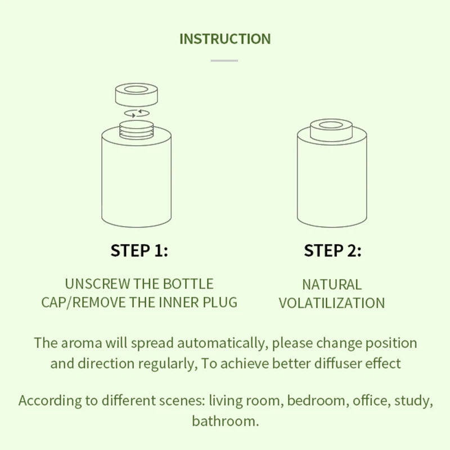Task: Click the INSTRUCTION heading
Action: [x=225, y=39]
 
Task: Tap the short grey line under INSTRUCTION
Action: [x=224, y=60]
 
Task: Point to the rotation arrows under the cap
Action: [x=136, y=113]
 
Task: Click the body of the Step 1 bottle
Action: [x=136, y=180]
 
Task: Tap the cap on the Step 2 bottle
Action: [x=331, y=130]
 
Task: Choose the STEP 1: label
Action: [x=139, y=251]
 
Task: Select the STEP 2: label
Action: [x=332, y=251]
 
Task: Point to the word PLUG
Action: [x=218, y=302]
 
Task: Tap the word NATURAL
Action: [x=332, y=285]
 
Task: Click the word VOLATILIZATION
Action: [x=332, y=303]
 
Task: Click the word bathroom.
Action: [x=225, y=421]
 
